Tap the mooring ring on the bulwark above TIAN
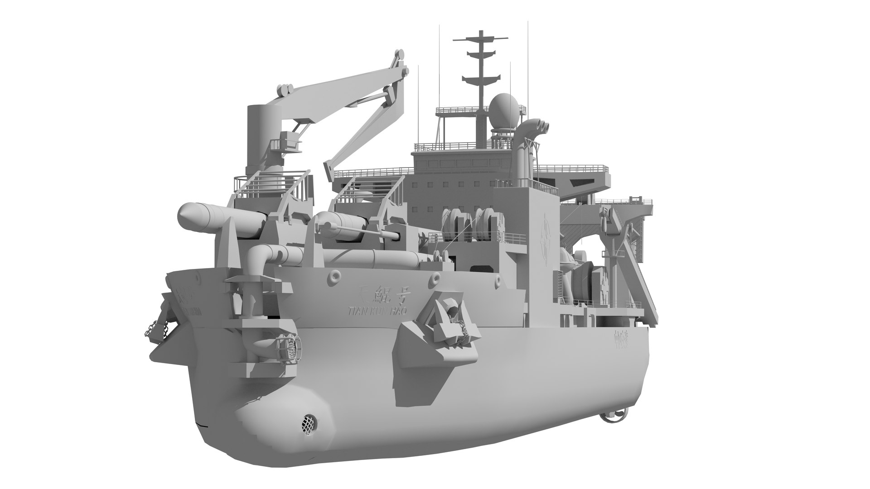334,275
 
